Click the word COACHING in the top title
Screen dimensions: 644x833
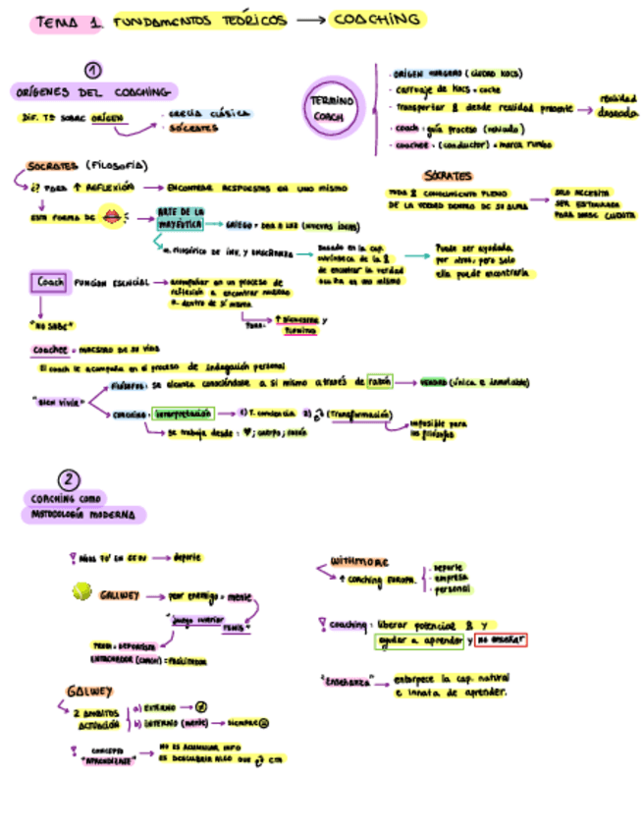point(377,20)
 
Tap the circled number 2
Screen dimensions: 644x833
point(68,480)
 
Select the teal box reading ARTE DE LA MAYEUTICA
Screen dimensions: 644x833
point(182,217)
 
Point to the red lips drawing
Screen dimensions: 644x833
point(113,217)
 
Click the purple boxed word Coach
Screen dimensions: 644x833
point(49,282)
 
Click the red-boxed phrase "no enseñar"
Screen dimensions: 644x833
point(500,639)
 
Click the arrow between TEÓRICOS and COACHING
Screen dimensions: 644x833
point(309,21)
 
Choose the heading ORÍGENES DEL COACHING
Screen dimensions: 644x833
point(92,91)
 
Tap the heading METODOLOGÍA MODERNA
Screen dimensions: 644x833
point(84,514)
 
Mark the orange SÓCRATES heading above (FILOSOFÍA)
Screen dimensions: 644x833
point(54,165)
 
